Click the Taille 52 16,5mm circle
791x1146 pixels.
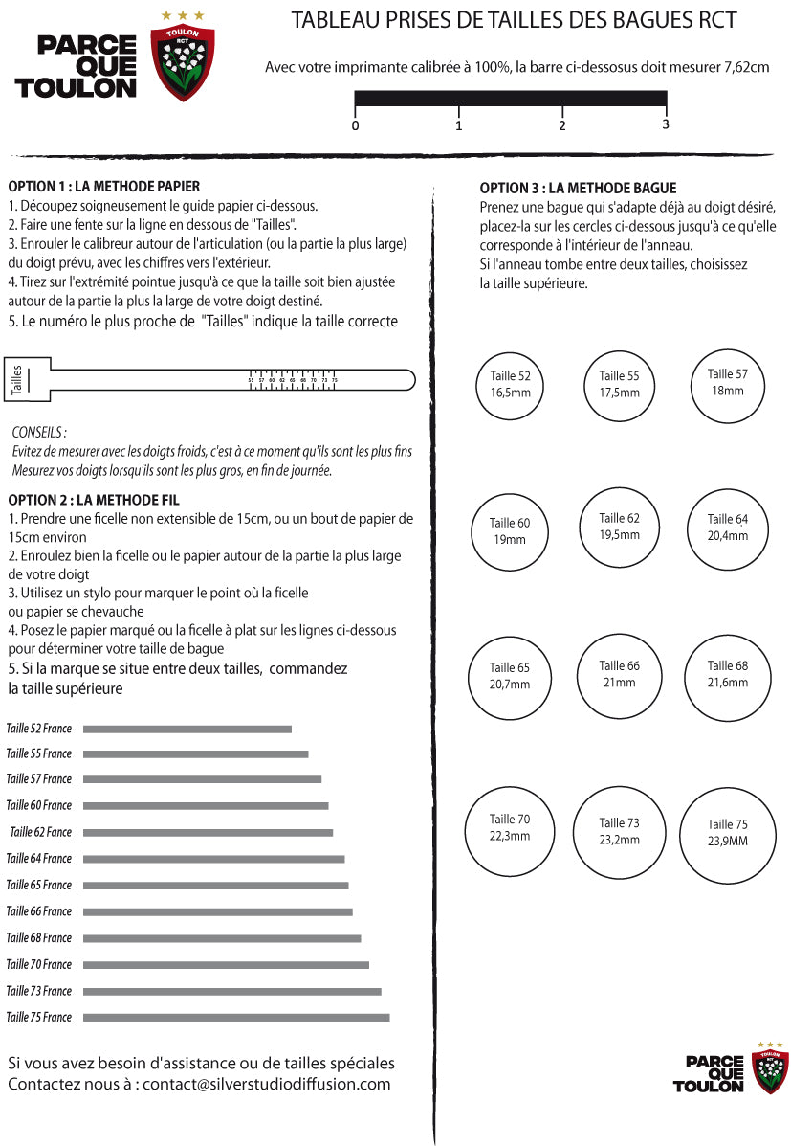[510, 384]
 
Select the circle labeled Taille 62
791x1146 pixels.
[619, 526]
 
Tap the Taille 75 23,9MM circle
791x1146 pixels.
[728, 832]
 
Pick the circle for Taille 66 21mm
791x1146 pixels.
[619, 674]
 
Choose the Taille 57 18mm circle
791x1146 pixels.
[727, 382]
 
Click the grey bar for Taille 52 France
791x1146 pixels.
[187, 730]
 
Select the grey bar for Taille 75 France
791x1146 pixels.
[236, 1017]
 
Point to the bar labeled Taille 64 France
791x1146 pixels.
[213, 859]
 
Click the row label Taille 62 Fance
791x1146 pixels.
[40, 833]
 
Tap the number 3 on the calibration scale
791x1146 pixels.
[665, 124]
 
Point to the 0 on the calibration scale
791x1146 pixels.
[356, 125]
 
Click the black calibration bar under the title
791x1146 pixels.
[511, 98]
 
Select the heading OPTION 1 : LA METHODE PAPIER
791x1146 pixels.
[104, 187]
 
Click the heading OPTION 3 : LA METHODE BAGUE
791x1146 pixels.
[578, 189]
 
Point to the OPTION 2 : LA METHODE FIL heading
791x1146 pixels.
[94, 500]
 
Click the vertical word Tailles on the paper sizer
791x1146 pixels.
[15, 379]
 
